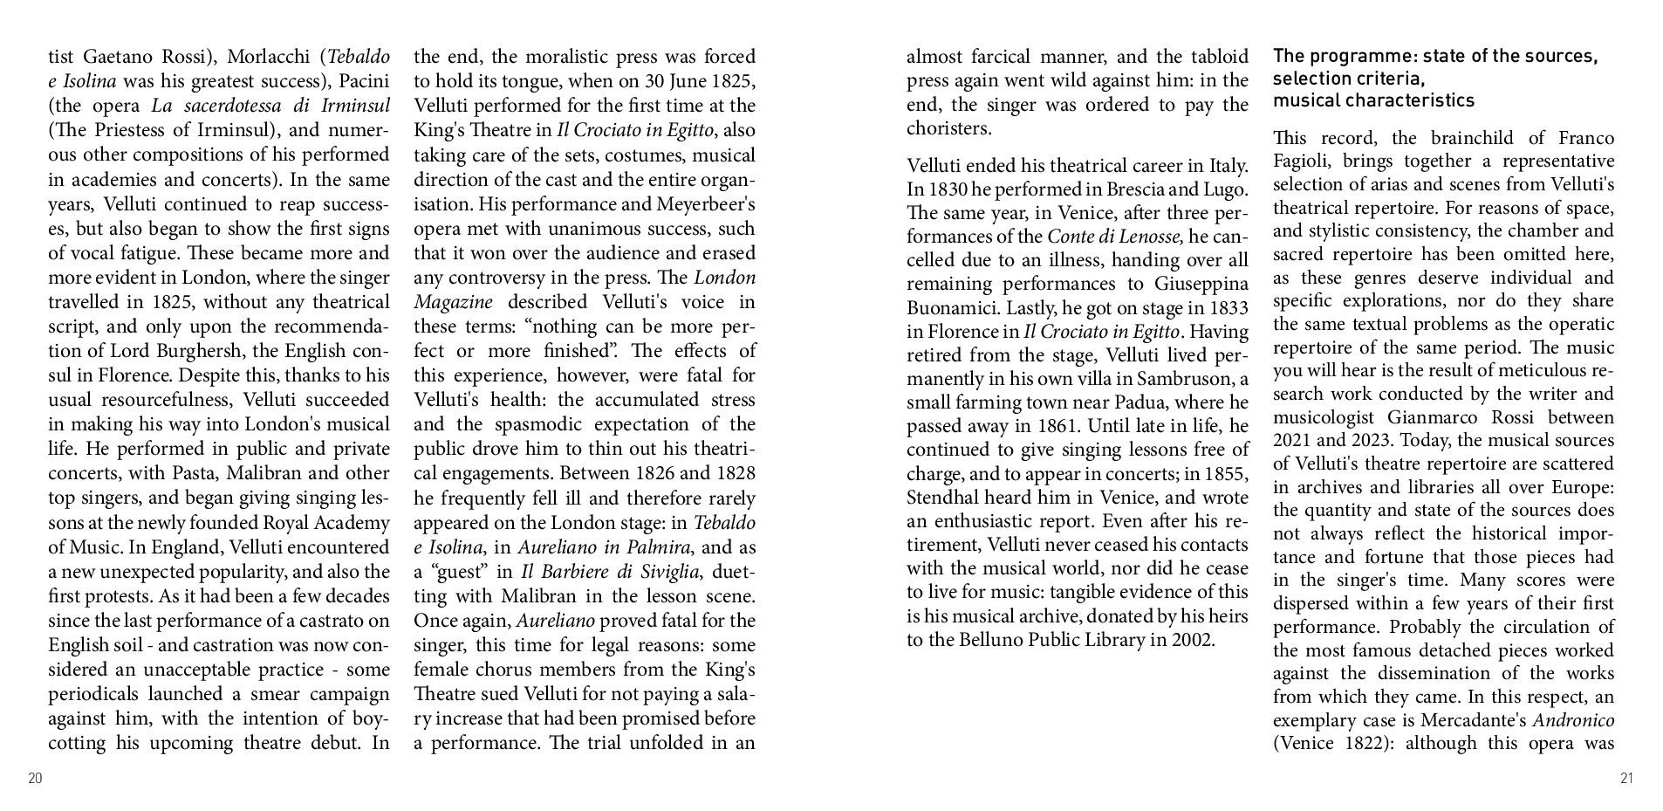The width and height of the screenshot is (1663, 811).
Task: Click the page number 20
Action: tap(35, 779)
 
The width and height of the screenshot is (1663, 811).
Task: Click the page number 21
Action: tap(1625, 779)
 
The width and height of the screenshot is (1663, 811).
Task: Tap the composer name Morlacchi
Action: tap(270, 58)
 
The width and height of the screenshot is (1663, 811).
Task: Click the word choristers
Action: tap(948, 128)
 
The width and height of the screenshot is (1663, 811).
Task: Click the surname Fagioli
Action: tap(1302, 162)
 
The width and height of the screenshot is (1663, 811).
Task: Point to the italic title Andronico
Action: tap(1573, 720)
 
